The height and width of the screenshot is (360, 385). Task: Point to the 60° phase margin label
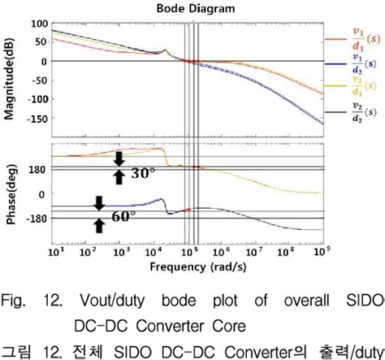tap(123, 217)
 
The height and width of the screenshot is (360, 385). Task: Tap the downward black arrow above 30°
tap(119, 157)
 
